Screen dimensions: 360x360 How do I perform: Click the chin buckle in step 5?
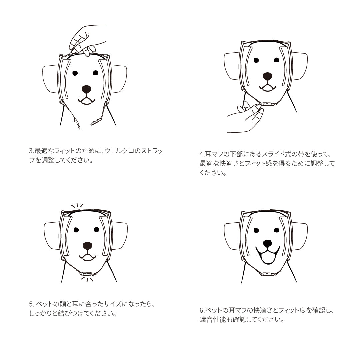pyautogui.click(x=87, y=274)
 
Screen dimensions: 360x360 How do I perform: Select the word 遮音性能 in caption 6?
pyautogui.click(x=212, y=320)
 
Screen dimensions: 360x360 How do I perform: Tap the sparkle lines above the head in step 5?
pyautogui.click(x=77, y=206)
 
